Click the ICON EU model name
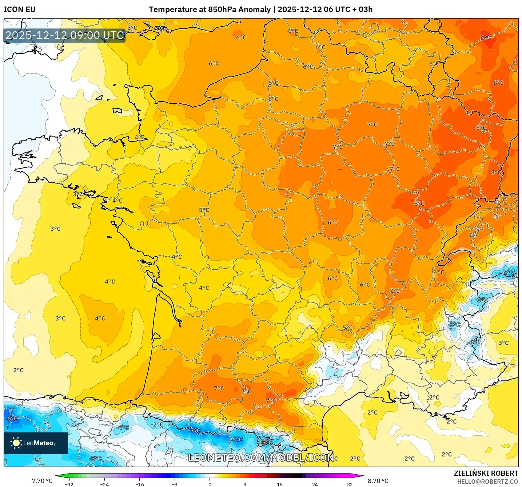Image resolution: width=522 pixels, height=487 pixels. point(20,9)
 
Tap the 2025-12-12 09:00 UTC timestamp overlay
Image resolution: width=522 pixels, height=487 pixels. point(65,35)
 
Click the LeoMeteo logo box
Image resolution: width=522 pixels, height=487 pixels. point(36,443)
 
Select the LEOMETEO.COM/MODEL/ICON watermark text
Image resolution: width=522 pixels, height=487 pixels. point(261,458)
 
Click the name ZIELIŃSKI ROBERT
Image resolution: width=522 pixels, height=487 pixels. point(486,473)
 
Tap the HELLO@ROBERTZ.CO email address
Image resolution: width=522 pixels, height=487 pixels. point(487,482)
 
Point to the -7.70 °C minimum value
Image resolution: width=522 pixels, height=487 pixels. point(41,481)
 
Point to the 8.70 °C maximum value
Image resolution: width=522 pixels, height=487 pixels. point(378,481)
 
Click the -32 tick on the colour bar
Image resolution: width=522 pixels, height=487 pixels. point(69,484)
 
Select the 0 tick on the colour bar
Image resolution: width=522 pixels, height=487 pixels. point(210,484)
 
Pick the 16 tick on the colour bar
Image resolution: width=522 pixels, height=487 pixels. point(279,484)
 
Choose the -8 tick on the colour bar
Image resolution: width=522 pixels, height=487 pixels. point(175,484)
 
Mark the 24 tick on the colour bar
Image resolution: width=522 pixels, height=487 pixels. point(315,484)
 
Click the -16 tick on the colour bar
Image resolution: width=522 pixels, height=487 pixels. point(139,484)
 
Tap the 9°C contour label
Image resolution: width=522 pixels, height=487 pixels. point(486,37)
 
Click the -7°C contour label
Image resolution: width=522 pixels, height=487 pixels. point(194,430)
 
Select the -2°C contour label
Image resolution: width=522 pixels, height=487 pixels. point(157,424)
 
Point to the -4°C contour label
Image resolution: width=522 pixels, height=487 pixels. point(123,427)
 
